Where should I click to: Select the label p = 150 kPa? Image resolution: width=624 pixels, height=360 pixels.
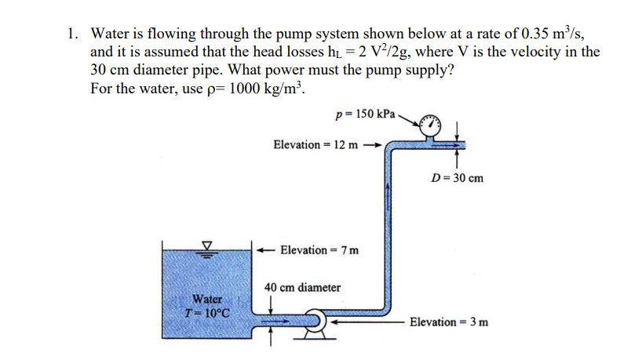pos(367,113)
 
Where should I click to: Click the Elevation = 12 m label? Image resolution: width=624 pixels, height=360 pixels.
pos(316,145)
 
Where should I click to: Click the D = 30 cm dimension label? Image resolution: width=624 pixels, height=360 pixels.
pos(458,178)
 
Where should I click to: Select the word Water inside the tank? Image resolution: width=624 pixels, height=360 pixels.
pos(208,300)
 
